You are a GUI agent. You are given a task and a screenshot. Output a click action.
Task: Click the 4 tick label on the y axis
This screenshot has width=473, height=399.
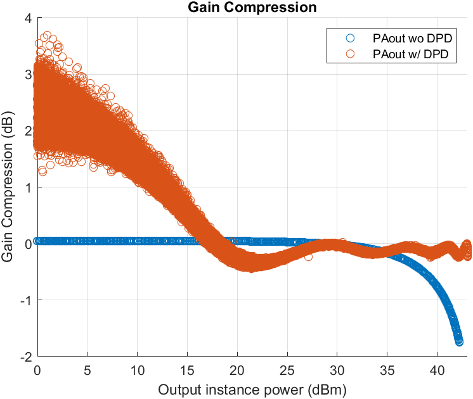[28, 18]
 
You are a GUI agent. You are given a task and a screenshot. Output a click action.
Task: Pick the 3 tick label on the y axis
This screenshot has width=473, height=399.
[28, 75]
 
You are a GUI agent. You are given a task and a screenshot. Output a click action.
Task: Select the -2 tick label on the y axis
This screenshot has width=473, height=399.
[26, 357]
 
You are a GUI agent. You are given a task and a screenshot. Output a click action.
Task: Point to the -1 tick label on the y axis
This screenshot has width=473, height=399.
[26, 300]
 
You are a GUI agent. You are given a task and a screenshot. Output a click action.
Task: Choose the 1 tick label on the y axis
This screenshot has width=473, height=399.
[28, 187]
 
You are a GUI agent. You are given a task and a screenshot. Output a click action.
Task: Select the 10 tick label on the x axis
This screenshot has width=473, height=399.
[137, 369]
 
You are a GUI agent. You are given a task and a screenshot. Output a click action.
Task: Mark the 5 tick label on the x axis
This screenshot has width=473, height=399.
[87, 369]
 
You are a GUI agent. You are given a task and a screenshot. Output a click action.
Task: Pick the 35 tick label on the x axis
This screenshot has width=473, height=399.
[387, 369]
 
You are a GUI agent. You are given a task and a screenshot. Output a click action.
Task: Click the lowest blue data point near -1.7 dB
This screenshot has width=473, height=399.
[459, 341]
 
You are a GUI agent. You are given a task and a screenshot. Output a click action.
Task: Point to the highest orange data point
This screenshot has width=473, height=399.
[46, 36]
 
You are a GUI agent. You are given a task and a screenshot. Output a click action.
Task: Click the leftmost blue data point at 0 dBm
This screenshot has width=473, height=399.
[37, 241]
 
